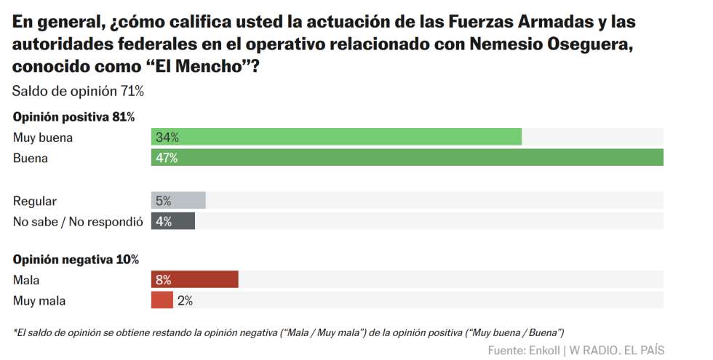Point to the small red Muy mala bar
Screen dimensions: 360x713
[x=162, y=300]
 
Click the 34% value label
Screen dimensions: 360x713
[x=167, y=137]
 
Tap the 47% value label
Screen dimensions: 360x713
[x=167, y=157]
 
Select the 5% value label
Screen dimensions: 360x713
[x=163, y=201]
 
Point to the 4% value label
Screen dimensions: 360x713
[x=163, y=221]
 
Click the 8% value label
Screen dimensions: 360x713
[x=163, y=279]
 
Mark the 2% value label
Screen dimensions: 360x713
[x=185, y=300]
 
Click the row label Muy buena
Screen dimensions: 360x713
[x=43, y=137]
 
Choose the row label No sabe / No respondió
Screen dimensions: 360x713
[x=78, y=221]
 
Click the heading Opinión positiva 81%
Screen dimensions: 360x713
[x=73, y=116]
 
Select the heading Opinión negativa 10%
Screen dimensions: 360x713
[x=76, y=259]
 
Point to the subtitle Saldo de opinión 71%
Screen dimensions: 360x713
[x=78, y=91]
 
